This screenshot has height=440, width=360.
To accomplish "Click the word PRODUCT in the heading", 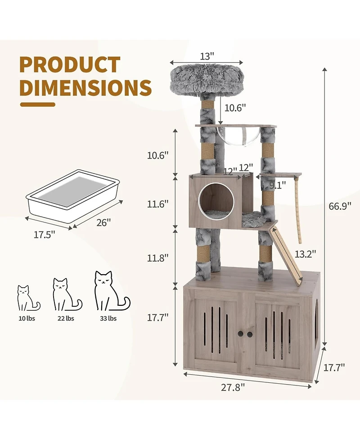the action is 70,65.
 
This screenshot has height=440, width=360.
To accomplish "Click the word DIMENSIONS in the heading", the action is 86,87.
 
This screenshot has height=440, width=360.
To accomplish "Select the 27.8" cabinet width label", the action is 233,387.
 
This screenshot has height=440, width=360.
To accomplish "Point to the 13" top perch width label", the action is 207,56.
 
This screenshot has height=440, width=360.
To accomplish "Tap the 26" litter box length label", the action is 104,222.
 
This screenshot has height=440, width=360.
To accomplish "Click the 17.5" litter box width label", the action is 44,235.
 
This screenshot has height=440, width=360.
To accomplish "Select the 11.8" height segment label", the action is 158,258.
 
